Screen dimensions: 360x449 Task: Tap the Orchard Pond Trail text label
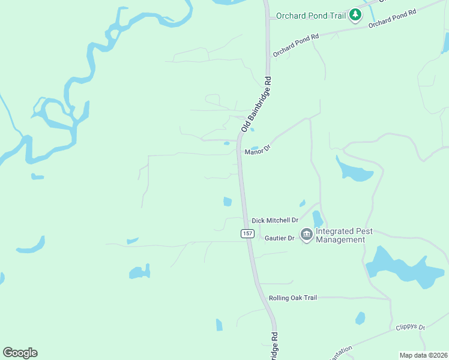tap(310, 16)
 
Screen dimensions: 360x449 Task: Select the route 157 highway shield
tap(247, 233)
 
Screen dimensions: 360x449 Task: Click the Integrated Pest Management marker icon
tap(306, 234)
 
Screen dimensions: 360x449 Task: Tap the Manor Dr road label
tap(258, 149)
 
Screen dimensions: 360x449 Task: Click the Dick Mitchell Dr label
tap(275, 220)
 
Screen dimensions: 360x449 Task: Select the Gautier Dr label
tap(280, 238)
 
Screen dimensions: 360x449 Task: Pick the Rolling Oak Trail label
tap(292, 298)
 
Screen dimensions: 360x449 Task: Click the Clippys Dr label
tap(411, 328)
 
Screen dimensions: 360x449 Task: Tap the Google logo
tap(20, 353)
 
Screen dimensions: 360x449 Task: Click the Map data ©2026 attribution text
tap(423, 355)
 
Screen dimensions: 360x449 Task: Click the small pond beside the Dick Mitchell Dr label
tap(318, 219)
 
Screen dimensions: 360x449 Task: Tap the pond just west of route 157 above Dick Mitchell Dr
tap(228, 202)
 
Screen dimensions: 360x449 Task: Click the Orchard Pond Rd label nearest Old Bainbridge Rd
tap(295, 46)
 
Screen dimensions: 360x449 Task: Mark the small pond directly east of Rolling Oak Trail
tap(360, 318)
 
